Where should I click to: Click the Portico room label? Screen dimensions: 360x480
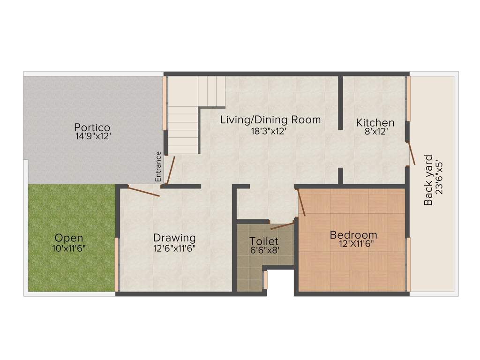(x=92, y=127)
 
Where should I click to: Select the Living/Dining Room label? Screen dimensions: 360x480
(x=270, y=120)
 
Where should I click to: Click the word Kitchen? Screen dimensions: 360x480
(x=375, y=123)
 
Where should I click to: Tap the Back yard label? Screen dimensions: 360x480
(x=428, y=180)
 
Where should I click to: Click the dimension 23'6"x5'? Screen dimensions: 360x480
(x=439, y=180)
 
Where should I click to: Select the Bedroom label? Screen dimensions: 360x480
(x=353, y=235)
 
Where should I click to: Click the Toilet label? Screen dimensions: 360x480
(x=264, y=241)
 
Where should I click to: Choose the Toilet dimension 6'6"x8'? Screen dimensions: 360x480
(x=264, y=250)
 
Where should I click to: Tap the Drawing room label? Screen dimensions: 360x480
(x=174, y=238)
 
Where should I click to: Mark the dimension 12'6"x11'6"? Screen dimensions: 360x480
(x=174, y=248)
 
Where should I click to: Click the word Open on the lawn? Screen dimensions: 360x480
(x=68, y=237)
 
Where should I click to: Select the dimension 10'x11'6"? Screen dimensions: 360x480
(x=68, y=247)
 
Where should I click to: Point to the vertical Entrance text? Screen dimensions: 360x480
(x=158, y=166)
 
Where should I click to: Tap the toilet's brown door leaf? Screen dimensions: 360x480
(x=283, y=226)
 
